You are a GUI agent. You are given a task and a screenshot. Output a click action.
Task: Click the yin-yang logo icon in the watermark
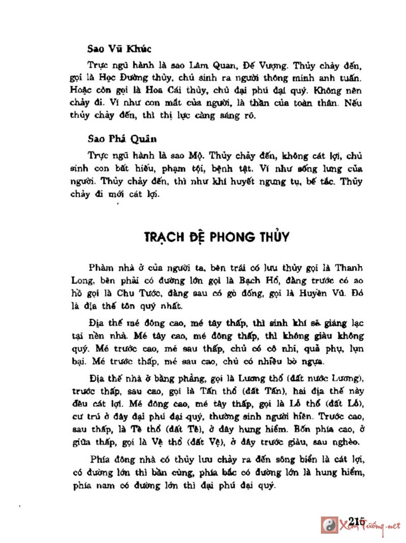click(330, 525)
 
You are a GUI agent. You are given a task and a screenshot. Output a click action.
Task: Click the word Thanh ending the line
click(347, 268)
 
